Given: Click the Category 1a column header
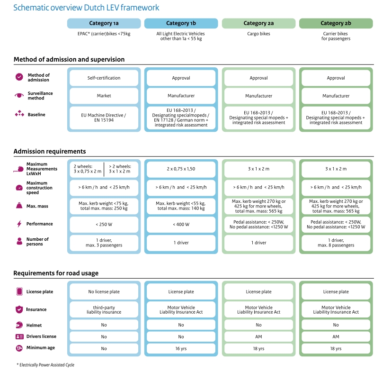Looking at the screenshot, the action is click(x=104, y=23).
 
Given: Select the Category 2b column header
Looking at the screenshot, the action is click(x=336, y=23).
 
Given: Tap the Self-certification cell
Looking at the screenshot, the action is click(x=104, y=78).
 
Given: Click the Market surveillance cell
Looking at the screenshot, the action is click(x=104, y=96).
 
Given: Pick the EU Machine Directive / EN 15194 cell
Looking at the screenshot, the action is click(x=104, y=118).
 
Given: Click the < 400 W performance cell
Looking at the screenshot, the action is click(x=181, y=225).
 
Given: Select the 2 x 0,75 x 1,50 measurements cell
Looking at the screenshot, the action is click(x=181, y=169).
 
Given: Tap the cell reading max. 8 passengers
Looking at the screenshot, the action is click(x=336, y=243).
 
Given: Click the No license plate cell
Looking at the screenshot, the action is click(x=104, y=291).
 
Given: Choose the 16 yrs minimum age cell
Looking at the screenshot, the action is click(x=181, y=349).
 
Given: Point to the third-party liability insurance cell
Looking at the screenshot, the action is click(x=104, y=309).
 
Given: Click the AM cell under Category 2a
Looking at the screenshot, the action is click(x=258, y=336).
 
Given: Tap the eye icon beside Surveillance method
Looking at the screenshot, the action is click(x=19, y=95).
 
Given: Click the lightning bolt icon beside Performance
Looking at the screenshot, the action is click(x=19, y=224).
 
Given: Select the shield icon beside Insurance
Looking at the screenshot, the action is click(x=19, y=309).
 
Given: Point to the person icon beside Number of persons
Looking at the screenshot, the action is click(x=19, y=241).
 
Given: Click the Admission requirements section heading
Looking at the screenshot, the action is click(x=50, y=152).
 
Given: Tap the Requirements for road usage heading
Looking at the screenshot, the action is click(x=56, y=273).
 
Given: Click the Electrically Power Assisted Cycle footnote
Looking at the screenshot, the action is click(x=45, y=365).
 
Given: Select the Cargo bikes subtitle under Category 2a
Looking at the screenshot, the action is click(x=258, y=34).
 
